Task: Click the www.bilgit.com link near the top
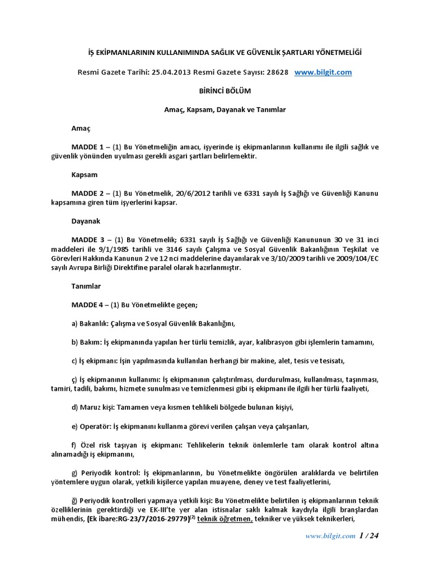point(322,72)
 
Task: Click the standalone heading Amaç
point(81,128)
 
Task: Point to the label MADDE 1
point(88,147)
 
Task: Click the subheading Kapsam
point(84,175)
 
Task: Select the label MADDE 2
point(88,193)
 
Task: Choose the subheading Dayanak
point(86,221)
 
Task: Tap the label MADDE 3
point(88,240)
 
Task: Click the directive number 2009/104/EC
point(355,258)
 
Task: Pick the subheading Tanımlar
point(86,286)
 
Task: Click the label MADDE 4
point(88,305)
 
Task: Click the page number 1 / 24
point(370,536)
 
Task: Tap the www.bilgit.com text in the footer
point(330,536)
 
